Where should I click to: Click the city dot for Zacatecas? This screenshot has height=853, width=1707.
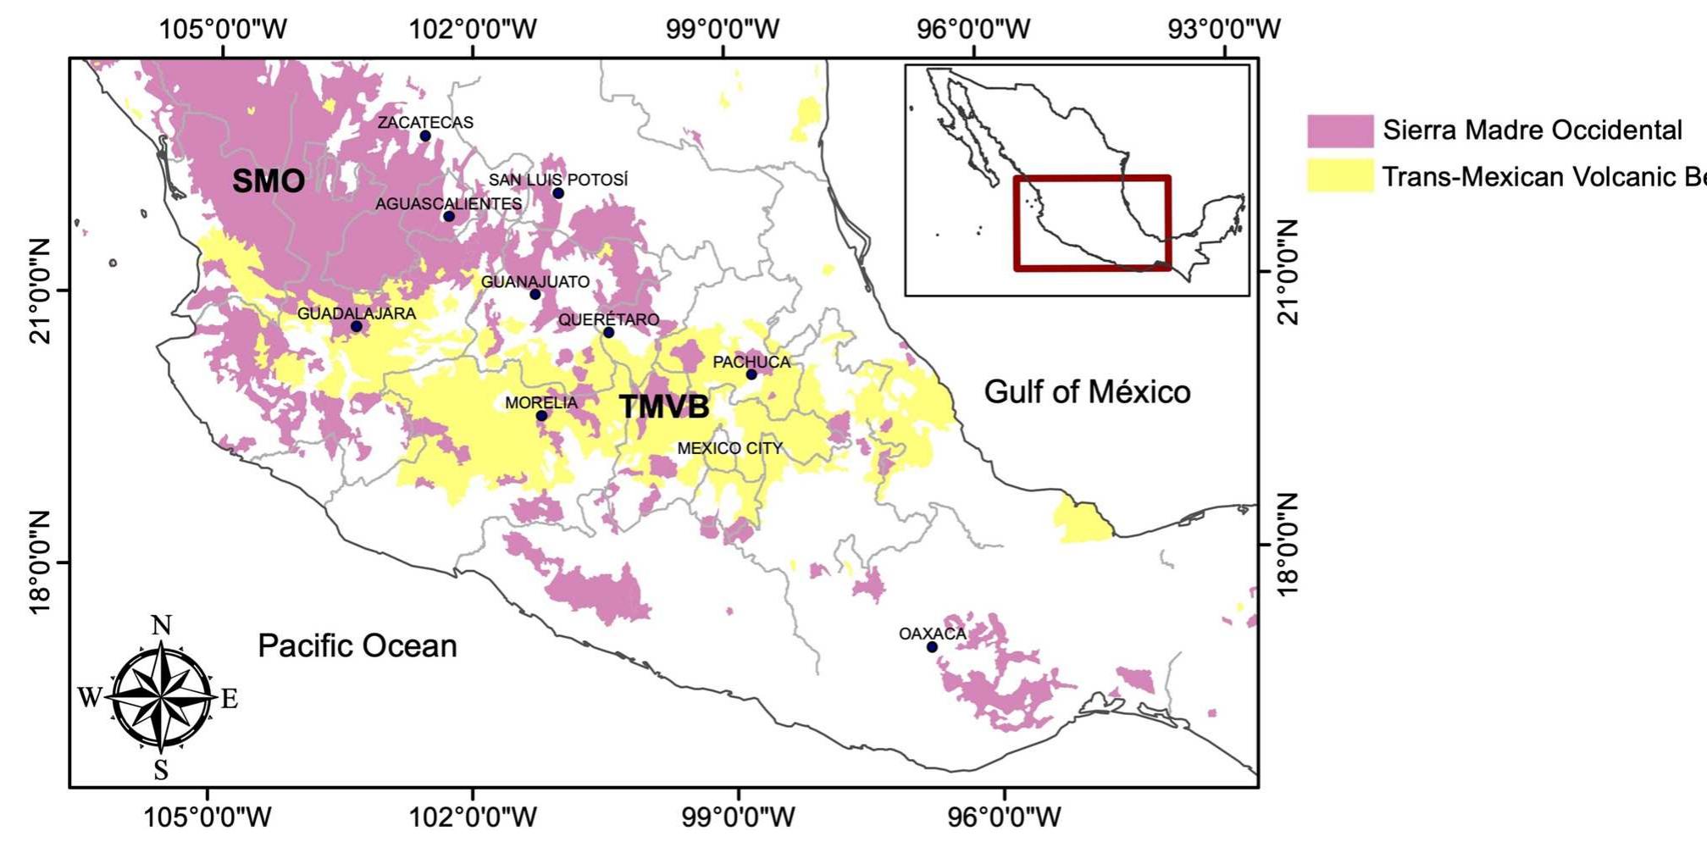pyautogui.click(x=425, y=136)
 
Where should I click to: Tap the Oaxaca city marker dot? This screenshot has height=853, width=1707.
pyautogui.click(x=932, y=647)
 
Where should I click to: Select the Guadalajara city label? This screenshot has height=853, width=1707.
pyautogui.click(x=356, y=313)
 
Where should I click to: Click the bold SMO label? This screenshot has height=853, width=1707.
pyautogui.click(x=268, y=181)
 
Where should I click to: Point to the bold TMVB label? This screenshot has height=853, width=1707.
pyautogui.click(x=664, y=407)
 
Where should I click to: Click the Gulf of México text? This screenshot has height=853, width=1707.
pyautogui.click(x=1087, y=392)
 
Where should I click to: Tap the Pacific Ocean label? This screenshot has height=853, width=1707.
pyautogui.click(x=357, y=646)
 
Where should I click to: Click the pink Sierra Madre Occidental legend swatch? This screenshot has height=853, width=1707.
pyautogui.click(x=1339, y=131)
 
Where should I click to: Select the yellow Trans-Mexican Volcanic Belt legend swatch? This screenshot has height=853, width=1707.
pyautogui.click(x=1339, y=176)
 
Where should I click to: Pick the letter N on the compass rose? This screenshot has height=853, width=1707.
pyautogui.click(x=161, y=626)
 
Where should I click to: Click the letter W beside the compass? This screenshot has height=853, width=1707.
pyautogui.click(x=89, y=697)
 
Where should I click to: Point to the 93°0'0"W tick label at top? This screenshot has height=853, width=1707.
pyautogui.click(x=1224, y=29)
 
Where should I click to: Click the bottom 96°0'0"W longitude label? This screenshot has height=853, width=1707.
pyautogui.click(x=1005, y=817)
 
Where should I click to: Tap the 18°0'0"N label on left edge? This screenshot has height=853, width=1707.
pyautogui.click(x=41, y=563)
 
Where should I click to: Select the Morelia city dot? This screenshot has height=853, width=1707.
pyautogui.click(x=541, y=416)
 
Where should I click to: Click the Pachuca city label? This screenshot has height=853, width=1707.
pyautogui.click(x=751, y=363)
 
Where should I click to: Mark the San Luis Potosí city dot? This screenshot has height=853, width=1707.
pyautogui.click(x=558, y=194)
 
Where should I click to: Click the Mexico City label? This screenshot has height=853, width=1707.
pyautogui.click(x=729, y=448)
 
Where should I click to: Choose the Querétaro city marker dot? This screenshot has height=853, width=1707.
pyautogui.click(x=608, y=333)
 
